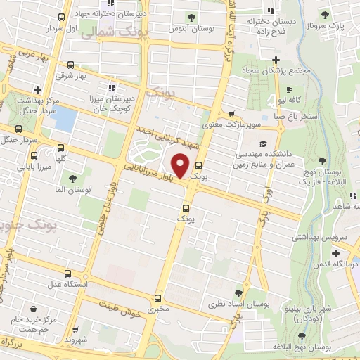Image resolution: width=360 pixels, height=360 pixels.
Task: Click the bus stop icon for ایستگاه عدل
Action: (67, 273)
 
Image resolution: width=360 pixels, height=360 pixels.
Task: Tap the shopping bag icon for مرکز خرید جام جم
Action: (33, 309)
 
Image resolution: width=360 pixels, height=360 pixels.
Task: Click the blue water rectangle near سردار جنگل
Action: (64, 118)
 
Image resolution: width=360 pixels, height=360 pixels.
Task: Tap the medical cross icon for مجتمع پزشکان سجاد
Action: (276, 60)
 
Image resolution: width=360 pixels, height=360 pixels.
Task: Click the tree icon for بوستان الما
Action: (73, 178)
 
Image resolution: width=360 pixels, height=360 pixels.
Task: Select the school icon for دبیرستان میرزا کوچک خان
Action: (112, 89)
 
